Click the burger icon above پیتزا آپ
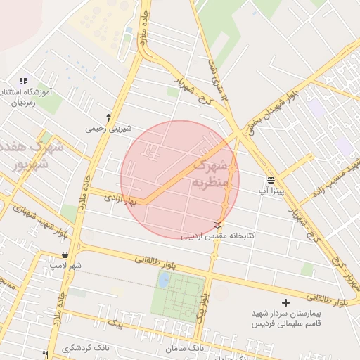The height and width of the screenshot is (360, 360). [x=271, y=181]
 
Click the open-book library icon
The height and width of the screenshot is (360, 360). [x=217, y=225]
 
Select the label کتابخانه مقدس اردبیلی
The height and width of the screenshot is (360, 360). [x=218, y=236]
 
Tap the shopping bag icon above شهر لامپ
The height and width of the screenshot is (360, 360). [x=65, y=255]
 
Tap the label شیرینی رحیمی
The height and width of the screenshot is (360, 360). [x=108, y=129]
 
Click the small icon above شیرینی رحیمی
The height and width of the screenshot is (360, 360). [x=108, y=117]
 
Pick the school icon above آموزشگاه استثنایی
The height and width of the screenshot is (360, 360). [x=23, y=82]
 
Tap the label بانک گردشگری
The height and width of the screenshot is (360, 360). [x=86, y=349]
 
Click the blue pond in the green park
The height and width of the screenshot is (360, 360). [x=164, y=281]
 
